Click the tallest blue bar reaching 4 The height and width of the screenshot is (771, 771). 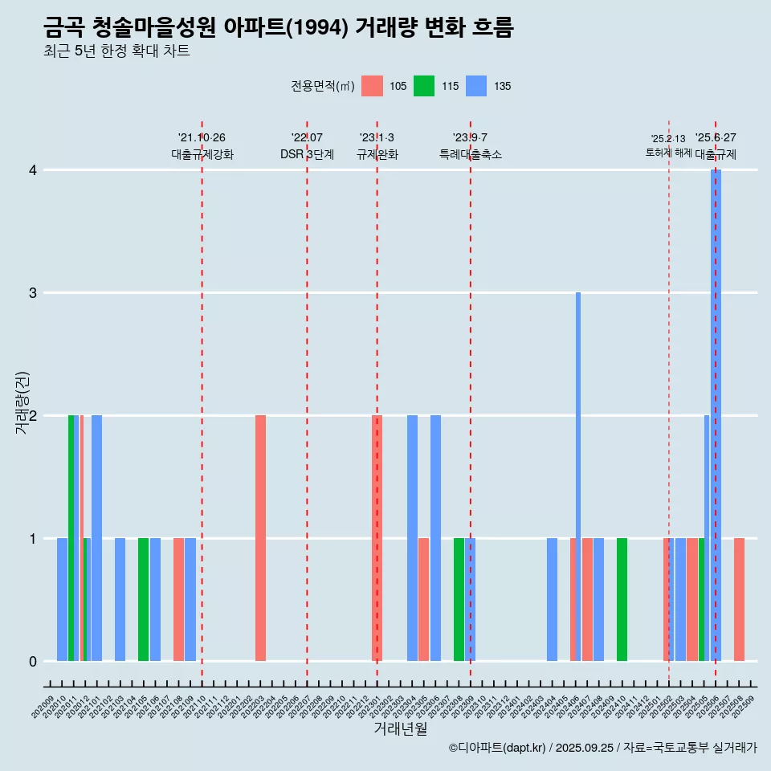[x=716, y=402]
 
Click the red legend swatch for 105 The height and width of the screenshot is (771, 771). [x=372, y=86]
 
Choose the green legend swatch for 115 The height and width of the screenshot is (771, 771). [x=424, y=86]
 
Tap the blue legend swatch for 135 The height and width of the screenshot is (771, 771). [x=476, y=86]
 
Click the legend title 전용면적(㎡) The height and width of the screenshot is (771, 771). [x=323, y=86]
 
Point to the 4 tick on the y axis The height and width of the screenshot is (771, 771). [x=33, y=170]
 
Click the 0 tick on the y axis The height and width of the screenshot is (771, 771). [x=33, y=662]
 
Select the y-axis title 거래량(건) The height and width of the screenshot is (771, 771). [x=22, y=402]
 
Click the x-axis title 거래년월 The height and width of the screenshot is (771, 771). [x=400, y=728]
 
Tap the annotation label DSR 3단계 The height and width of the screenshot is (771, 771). [x=307, y=154]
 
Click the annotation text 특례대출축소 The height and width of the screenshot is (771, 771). [x=470, y=154]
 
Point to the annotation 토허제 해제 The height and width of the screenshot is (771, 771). [x=668, y=152]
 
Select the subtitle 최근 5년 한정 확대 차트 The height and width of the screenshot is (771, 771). [x=116, y=51]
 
